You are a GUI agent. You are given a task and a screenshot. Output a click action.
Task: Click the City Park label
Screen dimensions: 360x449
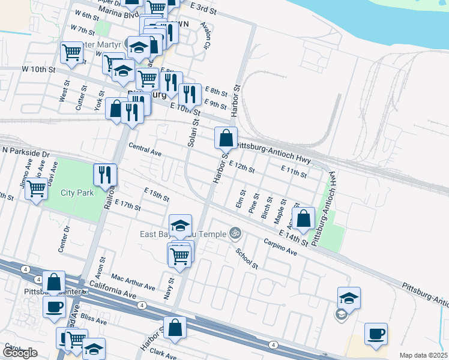77,193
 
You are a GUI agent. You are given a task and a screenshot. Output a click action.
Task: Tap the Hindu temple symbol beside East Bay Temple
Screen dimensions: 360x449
235,233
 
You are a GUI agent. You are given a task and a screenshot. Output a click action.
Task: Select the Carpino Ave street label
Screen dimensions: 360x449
281,247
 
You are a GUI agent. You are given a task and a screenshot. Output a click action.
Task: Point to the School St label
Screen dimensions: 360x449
246,258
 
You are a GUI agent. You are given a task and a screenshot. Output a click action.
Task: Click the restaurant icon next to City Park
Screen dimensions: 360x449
105,175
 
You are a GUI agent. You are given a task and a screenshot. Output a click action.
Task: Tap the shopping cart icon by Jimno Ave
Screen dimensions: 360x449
37,189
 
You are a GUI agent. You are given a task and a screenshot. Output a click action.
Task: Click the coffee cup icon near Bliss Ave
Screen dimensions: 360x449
54,307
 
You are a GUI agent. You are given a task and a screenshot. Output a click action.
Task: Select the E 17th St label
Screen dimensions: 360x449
127,206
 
